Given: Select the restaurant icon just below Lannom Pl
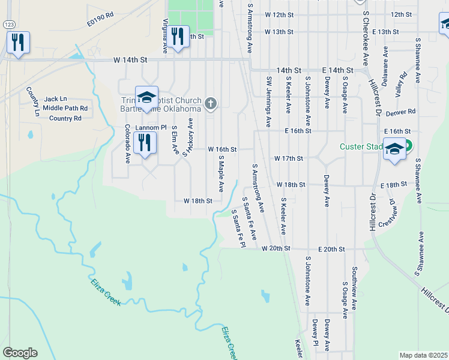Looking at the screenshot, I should point(145,142).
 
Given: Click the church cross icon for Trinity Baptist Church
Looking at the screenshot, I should point(210,104).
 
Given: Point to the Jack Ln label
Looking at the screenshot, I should point(56,99).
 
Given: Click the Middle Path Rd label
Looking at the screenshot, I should point(65,109).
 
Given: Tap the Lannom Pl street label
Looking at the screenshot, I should point(151,128).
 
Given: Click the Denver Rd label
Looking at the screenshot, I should point(402,112).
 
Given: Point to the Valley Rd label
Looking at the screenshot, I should point(400,85).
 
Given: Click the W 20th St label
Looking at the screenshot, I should point(276,248).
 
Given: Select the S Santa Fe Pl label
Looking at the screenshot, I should point(239,227).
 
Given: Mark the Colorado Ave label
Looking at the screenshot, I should point(127,145).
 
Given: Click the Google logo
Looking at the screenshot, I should point(20,353).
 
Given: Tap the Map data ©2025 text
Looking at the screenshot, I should point(423,355).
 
